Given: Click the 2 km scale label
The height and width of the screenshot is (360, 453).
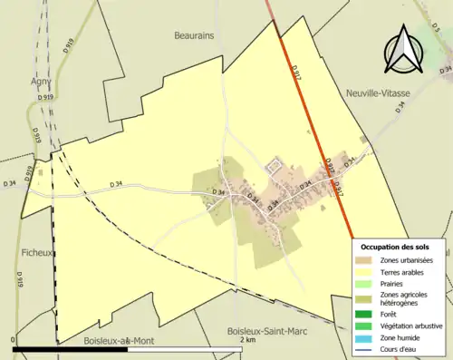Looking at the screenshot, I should (247, 340).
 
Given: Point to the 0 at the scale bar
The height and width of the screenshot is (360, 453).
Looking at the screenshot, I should (14, 340).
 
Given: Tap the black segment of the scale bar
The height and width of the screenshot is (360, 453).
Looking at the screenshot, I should (72, 349).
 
